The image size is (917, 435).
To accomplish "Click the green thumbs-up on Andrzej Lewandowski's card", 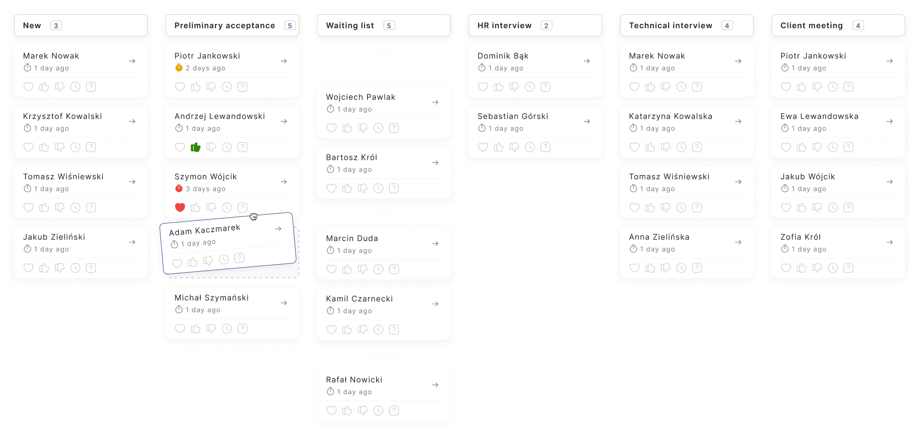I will (x=196, y=147).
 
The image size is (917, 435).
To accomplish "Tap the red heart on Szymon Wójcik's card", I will (x=180, y=208).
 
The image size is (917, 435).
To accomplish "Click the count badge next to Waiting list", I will (x=389, y=26).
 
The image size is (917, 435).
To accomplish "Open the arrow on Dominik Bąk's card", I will (x=587, y=61).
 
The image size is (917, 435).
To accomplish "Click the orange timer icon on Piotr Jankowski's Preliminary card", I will (x=179, y=68).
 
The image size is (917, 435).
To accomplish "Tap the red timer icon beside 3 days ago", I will (x=179, y=189).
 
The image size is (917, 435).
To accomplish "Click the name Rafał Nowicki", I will (x=354, y=380).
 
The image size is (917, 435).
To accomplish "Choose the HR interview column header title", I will (x=504, y=26).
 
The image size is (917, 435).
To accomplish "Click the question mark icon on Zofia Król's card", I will (x=848, y=268).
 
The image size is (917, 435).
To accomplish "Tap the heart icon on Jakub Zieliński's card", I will (x=29, y=268).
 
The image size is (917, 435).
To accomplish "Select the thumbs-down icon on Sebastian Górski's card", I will (x=514, y=147).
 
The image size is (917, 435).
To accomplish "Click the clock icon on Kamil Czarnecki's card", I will (x=379, y=330).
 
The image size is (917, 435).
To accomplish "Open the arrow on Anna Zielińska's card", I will (x=738, y=242).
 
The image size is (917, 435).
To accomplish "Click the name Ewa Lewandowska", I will (x=819, y=116).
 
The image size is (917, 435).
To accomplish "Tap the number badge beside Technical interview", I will (x=727, y=26).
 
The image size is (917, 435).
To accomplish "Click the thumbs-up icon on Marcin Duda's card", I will (x=347, y=269).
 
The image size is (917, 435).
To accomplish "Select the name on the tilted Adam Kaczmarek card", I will (x=205, y=230).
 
